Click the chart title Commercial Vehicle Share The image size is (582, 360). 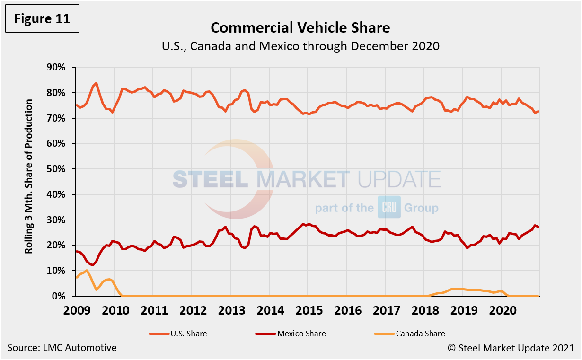tap(300, 27)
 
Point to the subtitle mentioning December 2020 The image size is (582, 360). tap(300, 46)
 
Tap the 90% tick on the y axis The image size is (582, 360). tap(55, 67)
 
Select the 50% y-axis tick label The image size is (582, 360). tap(55, 169)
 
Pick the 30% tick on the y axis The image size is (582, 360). tap(55, 220)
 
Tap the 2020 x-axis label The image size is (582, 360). tap(502, 310)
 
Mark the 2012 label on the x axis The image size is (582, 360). tap(192, 310)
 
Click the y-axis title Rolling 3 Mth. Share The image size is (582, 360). tap(30, 176)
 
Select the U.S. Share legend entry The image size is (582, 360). tap(177, 334)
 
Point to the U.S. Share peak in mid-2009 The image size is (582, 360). tap(97, 83)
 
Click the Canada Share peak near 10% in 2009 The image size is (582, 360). tap(87, 270)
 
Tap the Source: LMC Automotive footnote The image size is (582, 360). tap(62, 348)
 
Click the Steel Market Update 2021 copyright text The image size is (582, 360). tap(511, 348)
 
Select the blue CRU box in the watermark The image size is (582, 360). tap(389, 207)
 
